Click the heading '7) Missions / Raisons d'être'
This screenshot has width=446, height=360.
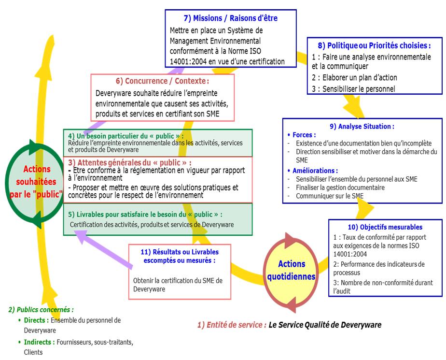[x=230, y=18]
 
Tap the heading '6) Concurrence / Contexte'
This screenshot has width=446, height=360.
[x=162, y=81]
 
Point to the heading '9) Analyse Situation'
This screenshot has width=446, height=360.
[x=362, y=127]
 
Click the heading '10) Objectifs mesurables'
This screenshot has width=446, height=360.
[x=385, y=227]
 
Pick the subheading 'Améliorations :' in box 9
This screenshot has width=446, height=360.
[x=315, y=171]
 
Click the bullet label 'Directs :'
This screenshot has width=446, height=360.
[x=36, y=320]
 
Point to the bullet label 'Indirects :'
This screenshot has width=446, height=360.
[x=39, y=342]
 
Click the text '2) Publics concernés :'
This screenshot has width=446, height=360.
[x=41, y=309]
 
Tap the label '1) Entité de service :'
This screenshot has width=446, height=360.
[x=232, y=325]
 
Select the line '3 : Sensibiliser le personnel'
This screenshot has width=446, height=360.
[x=353, y=88]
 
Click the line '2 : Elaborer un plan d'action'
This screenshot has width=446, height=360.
[x=354, y=77]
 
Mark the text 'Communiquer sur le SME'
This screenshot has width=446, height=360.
[x=330, y=196]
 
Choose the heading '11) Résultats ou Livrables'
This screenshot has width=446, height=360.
[x=179, y=252]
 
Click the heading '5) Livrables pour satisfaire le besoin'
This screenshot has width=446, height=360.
[x=146, y=214]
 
